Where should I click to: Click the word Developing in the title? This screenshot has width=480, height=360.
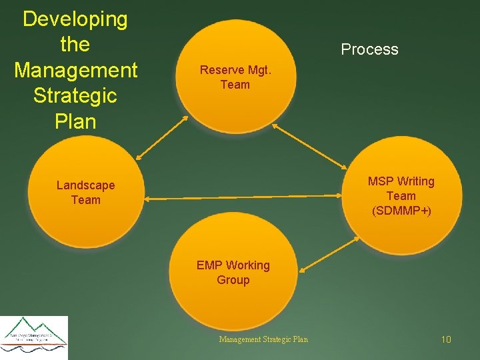(x=75, y=19)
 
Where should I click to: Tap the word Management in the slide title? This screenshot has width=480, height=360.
(x=75, y=70)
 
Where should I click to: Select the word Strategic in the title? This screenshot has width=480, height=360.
(x=75, y=95)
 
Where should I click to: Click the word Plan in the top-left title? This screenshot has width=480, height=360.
(x=75, y=121)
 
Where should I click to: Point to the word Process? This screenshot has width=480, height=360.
(x=369, y=49)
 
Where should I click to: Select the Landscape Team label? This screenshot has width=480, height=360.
(x=85, y=193)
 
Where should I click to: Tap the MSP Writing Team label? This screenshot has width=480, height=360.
(x=401, y=189)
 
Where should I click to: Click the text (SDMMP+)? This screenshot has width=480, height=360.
(x=401, y=211)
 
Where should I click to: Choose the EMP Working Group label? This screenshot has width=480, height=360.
(x=233, y=273)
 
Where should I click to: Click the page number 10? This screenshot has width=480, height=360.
(x=446, y=340)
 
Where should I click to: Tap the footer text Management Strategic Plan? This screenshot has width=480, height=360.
(x=263, y=339)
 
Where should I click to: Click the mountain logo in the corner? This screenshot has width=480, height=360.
(x=34, y=334)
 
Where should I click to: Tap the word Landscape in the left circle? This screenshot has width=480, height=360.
(x=85, y=185)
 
